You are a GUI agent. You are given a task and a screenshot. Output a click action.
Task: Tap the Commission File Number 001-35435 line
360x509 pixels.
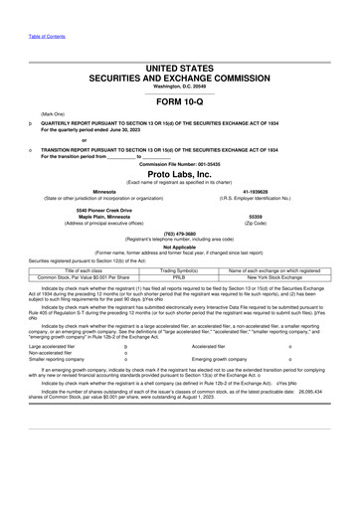point(179,160)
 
